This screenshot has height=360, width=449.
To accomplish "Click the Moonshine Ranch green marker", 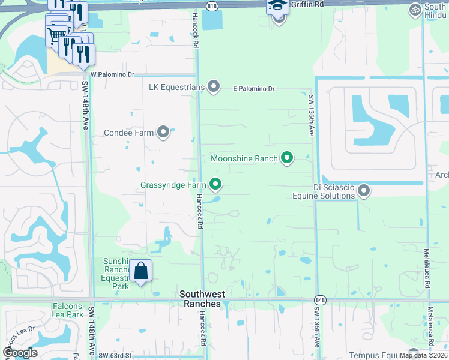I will pyautogui.click(x=287, y=158).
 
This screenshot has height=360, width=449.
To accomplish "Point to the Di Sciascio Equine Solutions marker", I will pyautogui.click(x=363, y=191).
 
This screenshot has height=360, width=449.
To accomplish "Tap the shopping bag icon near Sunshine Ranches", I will pyautogui.click(x=140, y=271).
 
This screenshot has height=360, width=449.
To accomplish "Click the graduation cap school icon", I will pyautogui.click(x=277, y=7).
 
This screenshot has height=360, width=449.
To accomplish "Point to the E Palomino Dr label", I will pyautogui.click(x=253, y=89).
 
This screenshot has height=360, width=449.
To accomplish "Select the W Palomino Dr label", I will pyautogui.click(x=112, y=74).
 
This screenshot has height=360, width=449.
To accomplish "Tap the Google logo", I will pyautogui.click(x=20, y=353).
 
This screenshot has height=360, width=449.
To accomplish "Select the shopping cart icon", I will pyautogui.click(x=56, y=36).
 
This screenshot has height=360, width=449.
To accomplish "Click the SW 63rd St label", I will pyautogui.click(x=115, y=356).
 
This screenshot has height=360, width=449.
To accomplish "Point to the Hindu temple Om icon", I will pyautogui.click(x=414, y=10).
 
